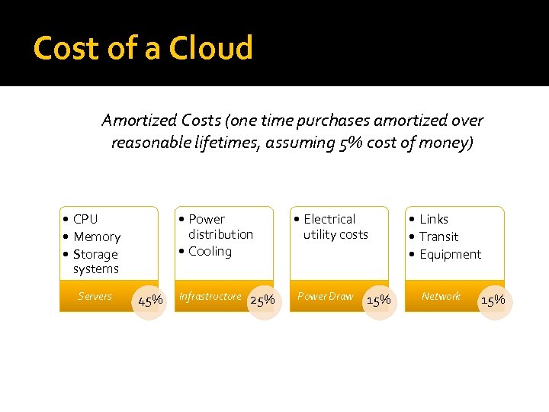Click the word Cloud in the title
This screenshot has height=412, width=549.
click(x=210, y=48)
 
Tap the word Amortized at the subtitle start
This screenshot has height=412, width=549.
click(x=140, y=121)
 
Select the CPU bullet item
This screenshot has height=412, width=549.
click(x=85, y=220)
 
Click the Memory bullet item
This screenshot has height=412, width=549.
click(x=97, y=237)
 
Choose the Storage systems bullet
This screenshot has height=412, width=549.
click(x=95, y=261)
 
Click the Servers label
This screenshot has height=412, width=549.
click(x=95, y=296)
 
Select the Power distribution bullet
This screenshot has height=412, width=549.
click(x=220, y=227)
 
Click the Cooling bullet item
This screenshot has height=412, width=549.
click(x=210, y=252)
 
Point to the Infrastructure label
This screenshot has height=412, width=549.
click(x=210, y=296)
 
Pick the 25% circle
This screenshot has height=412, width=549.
click(x=262, y=300)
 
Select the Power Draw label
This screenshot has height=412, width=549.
click(x=326, y=296)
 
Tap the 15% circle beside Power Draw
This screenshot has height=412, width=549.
click(x=379, y=300)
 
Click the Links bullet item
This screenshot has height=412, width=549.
click(x=434, y=220)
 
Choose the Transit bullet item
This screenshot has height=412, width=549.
click(x=438, y=237)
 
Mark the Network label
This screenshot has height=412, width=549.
click(x=441, y=296)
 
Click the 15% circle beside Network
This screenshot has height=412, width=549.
click(x=493, y=300)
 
